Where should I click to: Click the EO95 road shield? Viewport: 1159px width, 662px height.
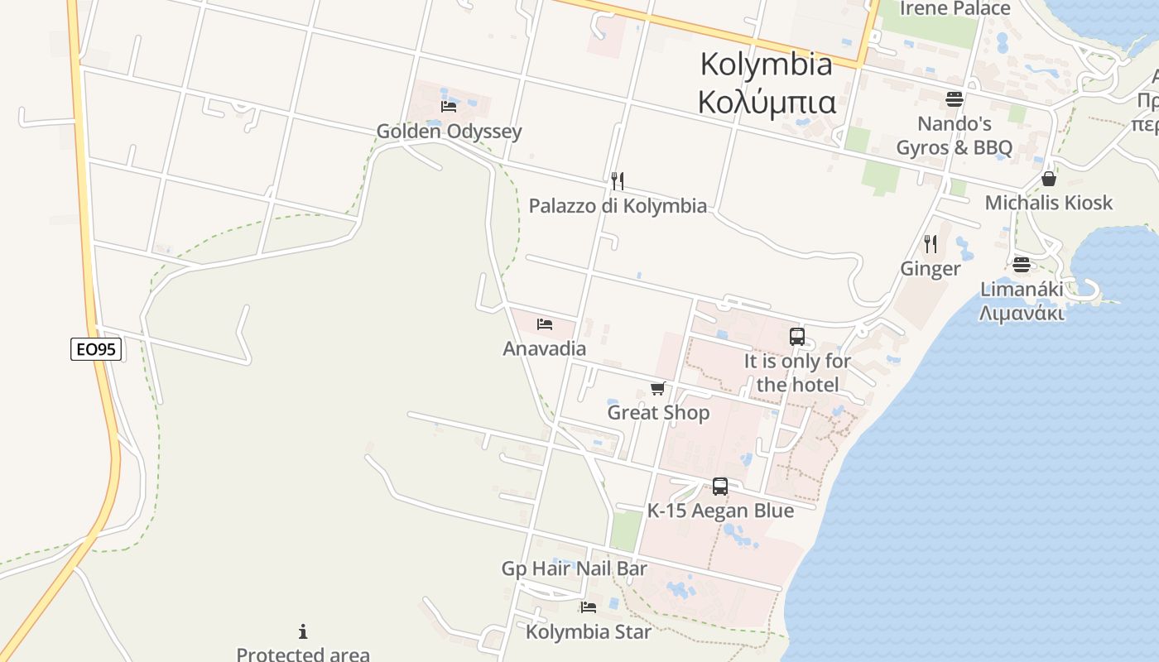click(x=96, y=349)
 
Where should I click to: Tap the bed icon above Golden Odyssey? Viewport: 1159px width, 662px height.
click(x=449, y=107)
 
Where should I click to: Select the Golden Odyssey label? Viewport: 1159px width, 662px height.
click(x=449, y=131)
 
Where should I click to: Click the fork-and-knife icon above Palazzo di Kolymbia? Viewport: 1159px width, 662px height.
click(x=617, y=180)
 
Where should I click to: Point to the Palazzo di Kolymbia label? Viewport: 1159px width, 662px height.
click(x=618, y=205)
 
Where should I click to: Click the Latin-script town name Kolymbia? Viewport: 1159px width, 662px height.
click(x=766, y=64)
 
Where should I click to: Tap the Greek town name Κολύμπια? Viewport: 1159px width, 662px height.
click(x=766, y=102)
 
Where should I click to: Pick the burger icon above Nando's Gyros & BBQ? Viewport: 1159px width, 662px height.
click(x=954, y=99)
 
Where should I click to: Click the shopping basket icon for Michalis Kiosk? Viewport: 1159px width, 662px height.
click(x=1048, y=179)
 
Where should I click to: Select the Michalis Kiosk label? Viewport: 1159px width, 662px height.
click(x=1048, y=203)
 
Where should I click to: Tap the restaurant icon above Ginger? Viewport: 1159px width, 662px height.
click(x=931, y=243)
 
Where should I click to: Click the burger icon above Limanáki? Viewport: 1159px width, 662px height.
click(x=1022, y=264)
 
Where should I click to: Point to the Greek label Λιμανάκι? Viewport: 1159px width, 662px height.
click(x=1022, y=314)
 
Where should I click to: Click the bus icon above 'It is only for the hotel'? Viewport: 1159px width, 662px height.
click(x=796, y=337)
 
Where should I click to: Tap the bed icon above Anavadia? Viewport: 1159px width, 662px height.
click(x=544, y=324)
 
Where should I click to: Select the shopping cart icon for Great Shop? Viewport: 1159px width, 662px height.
click(x=658, y=388)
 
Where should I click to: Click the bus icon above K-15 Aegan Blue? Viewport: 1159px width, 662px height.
click(x=719, y=487)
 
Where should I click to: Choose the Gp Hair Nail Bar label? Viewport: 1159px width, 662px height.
click(x=574, y=568)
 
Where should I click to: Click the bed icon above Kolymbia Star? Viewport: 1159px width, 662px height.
click(x=588, y=607)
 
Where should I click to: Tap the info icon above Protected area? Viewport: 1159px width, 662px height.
click(x=303, y=631)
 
